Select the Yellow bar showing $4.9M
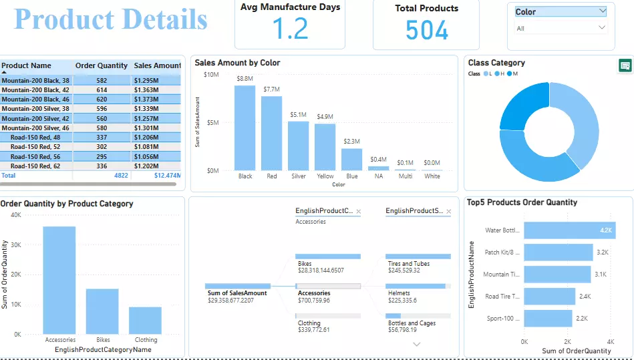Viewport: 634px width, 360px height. point(325,147)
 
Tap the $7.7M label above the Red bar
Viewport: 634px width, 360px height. point(271,89)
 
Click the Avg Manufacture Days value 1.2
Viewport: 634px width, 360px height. point(290,29)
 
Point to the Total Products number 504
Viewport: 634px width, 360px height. point(427,30)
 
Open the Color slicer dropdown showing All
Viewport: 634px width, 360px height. point(561,28)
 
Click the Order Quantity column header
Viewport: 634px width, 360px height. point(102,66)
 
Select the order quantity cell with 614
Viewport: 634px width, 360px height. point(102,90)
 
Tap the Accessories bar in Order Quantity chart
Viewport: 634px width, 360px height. point(59,280)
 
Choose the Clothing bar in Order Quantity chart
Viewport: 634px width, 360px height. point(145,320)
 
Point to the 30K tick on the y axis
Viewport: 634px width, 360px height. point(17,245)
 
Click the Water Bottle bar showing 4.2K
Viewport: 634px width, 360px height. point(569,230)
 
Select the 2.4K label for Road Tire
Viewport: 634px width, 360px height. point(585,297)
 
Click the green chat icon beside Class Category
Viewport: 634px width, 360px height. point(625,65)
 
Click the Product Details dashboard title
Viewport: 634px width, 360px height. point(111,19)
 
